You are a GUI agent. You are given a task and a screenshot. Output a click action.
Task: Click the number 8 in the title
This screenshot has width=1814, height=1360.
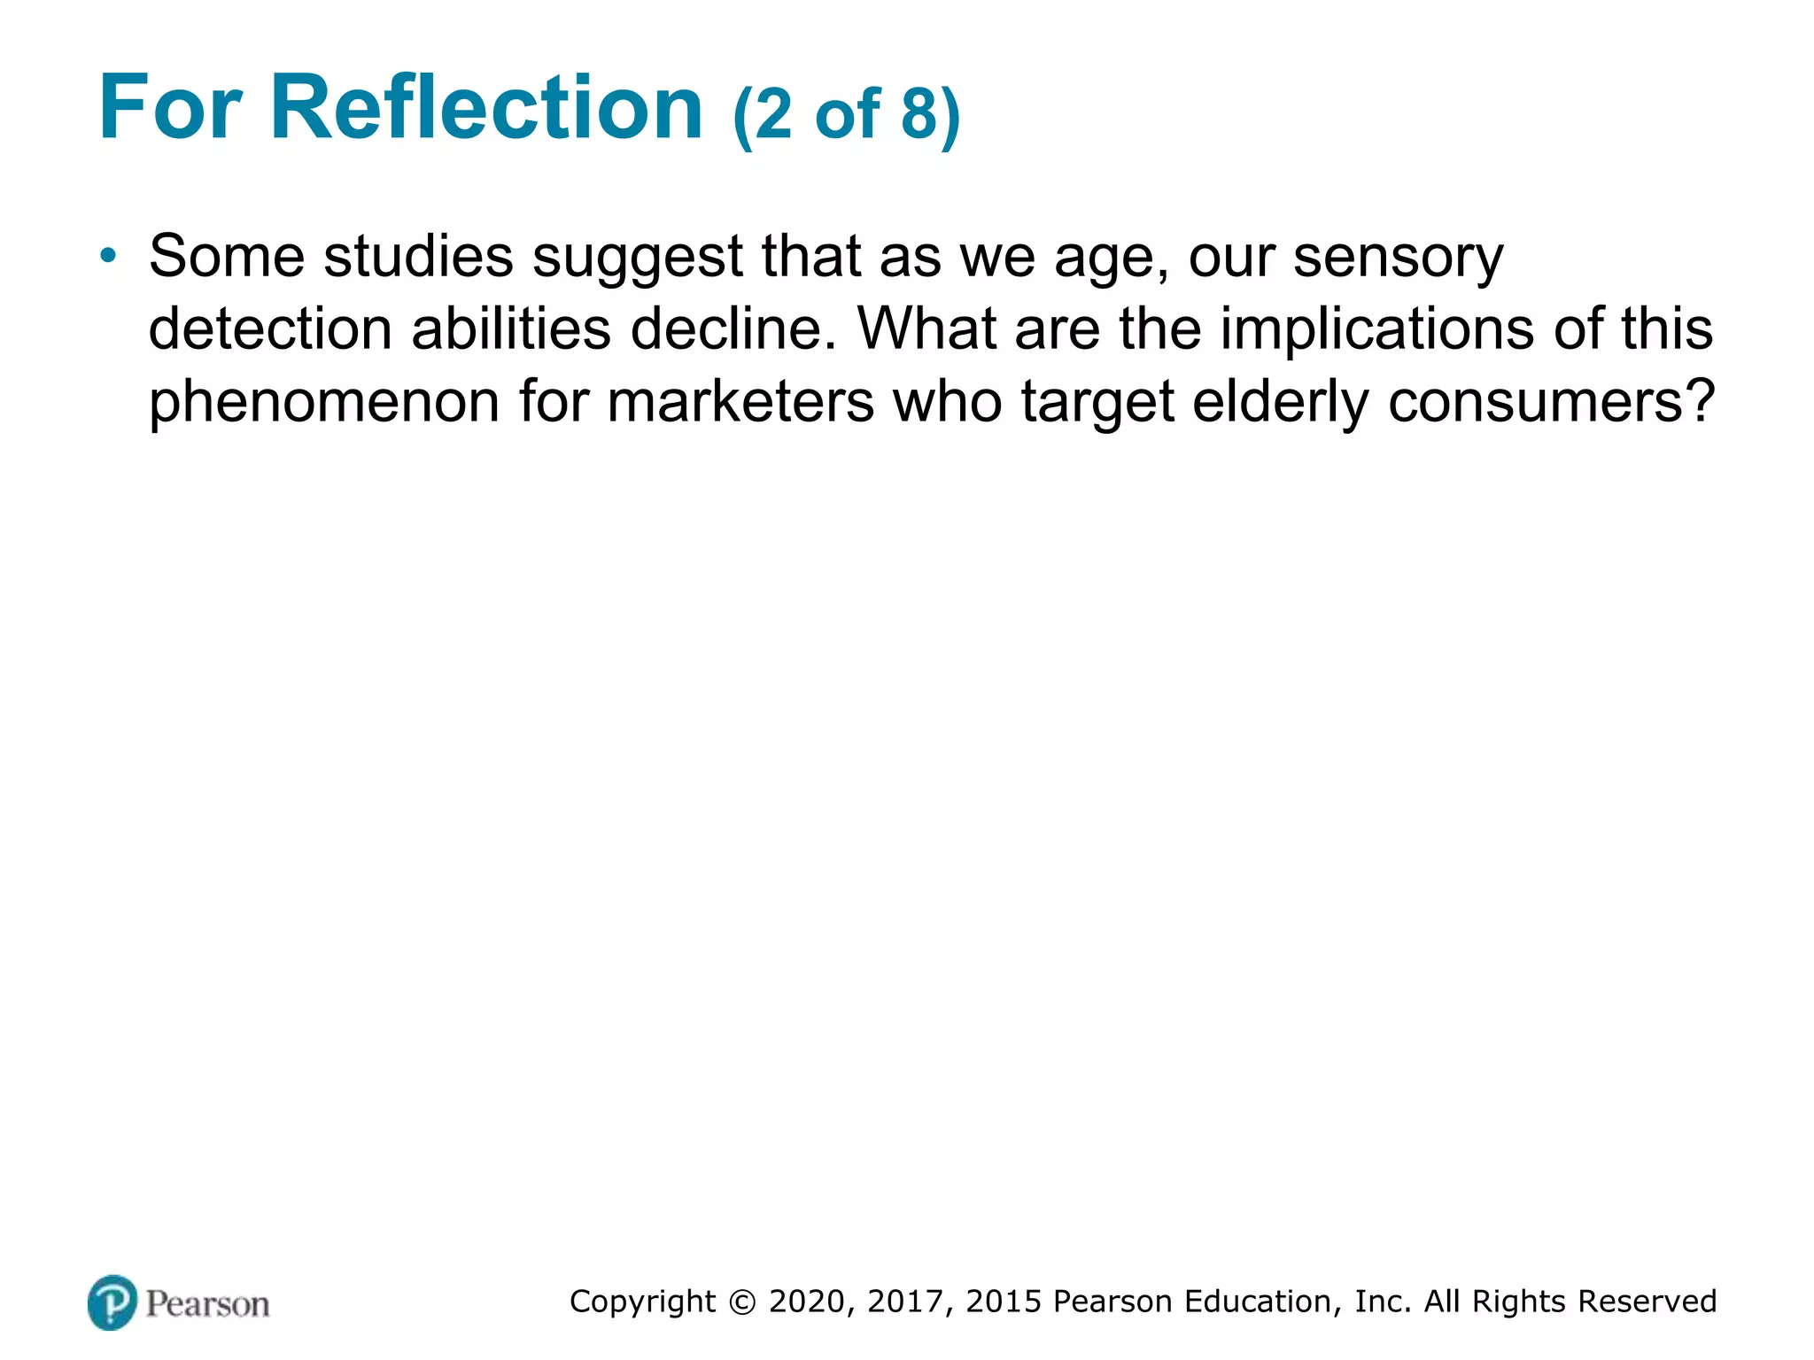point(919,115)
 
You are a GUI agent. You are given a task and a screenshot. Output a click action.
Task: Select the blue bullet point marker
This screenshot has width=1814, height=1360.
point(108,257)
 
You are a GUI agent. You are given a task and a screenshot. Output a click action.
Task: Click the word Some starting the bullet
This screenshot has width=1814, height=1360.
point(227,257)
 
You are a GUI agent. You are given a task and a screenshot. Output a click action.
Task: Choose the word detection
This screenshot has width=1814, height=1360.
point(270,329)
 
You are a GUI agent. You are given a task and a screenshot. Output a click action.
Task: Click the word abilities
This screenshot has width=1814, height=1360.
point(511,329)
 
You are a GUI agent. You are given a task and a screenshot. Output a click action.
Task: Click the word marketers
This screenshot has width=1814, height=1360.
point(741,402)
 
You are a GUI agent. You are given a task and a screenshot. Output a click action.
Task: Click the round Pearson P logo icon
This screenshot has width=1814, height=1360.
point(112,1302)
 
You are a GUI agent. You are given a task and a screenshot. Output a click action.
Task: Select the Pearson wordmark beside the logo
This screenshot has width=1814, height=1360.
point(207,1304)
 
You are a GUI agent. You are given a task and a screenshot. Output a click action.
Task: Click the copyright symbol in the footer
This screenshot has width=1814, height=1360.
point(742,1302)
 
